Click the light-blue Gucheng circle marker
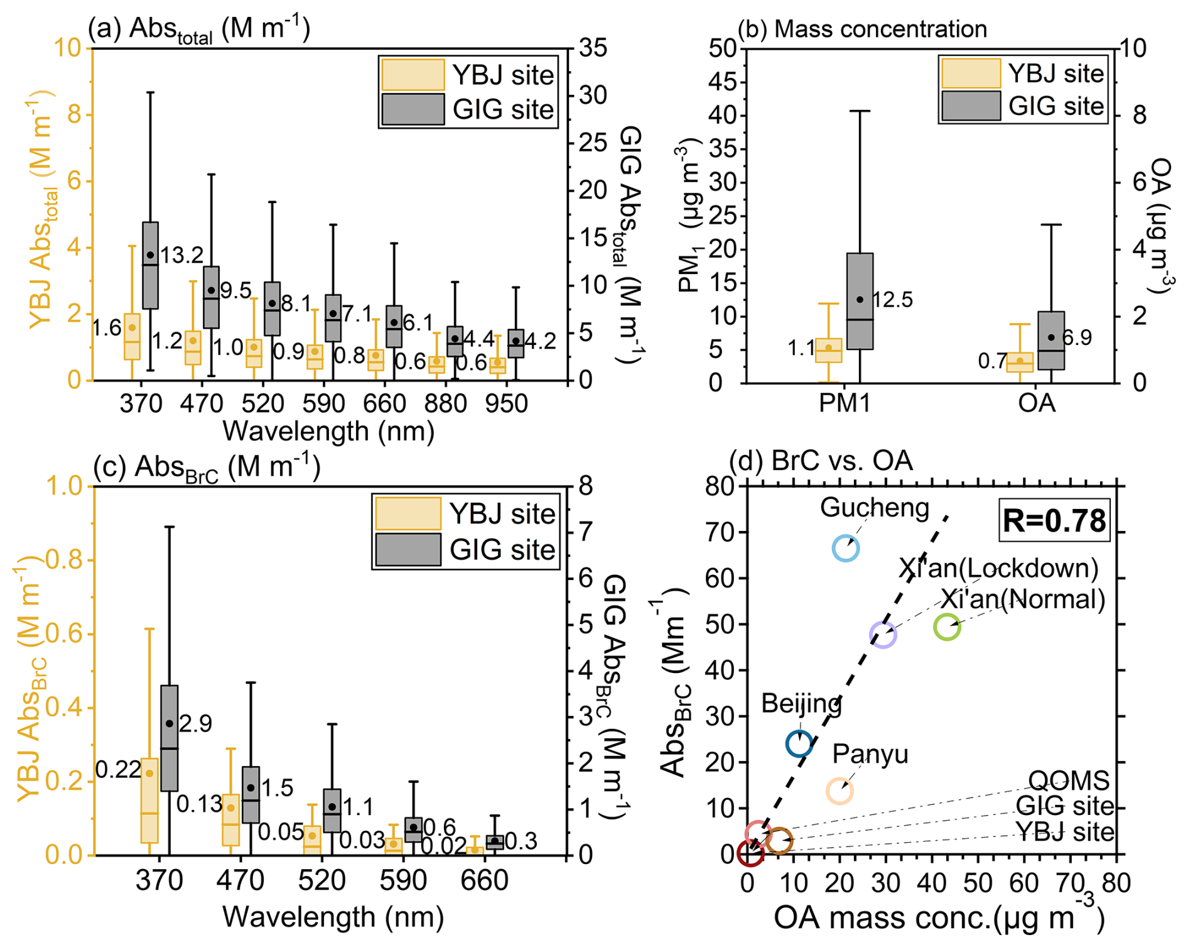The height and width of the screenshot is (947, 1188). (x=846, y=549)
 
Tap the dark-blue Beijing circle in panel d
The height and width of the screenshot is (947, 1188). (x=799, y=744)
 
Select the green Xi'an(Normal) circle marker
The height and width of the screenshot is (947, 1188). (x=947, y=627)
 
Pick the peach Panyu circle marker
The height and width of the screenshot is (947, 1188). (x=840, y=791)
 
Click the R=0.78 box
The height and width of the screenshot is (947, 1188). (x=1054, y=521)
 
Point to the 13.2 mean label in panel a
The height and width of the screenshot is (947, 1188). (x=181, y=255)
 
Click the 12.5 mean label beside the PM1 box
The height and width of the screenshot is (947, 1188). (x=892, y=300)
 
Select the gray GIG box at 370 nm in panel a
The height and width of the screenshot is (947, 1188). (x=150, y=265)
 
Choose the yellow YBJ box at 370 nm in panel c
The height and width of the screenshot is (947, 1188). (x=149, y=800)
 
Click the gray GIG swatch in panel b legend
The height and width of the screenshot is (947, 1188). (x=971, y=106)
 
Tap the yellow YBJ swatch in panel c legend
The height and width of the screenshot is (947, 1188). (x=408, y=513)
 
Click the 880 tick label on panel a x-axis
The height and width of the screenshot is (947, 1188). (x=446, y=403)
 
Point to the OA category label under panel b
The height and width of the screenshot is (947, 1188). (x=1037, y=403)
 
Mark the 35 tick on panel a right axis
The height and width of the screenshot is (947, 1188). (x=593, y=48)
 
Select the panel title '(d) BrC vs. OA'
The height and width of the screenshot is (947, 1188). (x=820, y=461)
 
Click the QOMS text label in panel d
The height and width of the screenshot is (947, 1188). (x=1069, y=781)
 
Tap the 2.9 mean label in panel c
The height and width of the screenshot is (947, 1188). (x=195, y=724)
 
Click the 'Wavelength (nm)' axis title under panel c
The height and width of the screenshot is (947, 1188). (x=333, y=917)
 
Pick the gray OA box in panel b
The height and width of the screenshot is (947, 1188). (x=1051, y=340)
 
